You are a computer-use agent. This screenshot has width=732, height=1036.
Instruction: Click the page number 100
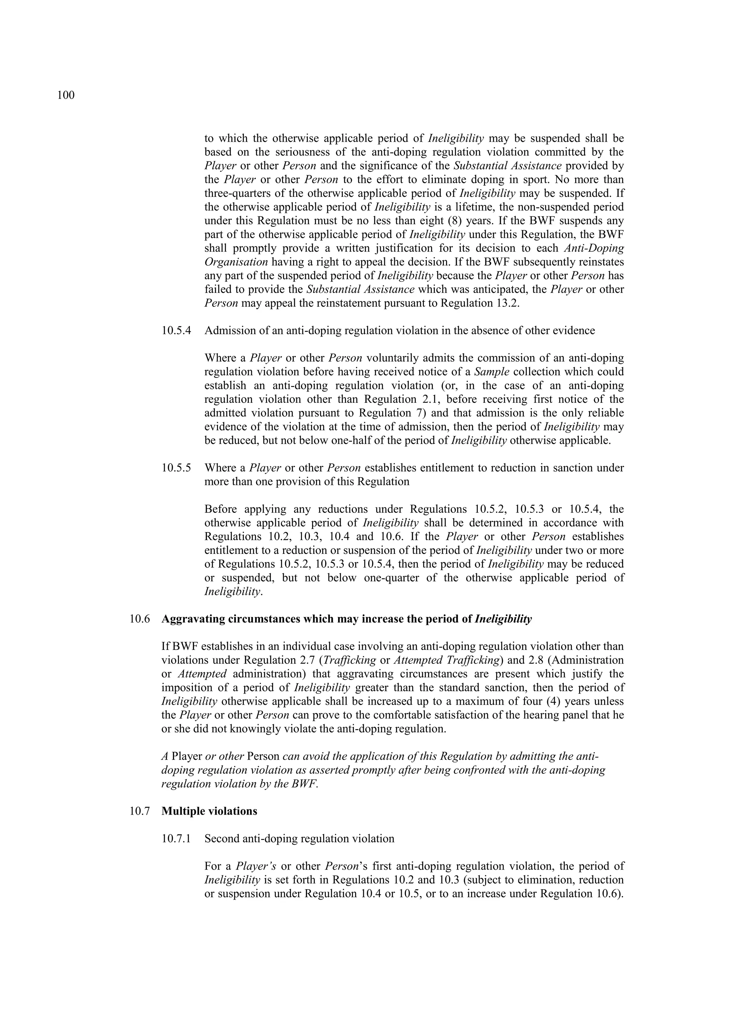[66, 95]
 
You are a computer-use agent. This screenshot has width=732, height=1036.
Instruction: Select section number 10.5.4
[176, 330]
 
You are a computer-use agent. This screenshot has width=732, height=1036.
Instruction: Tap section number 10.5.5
[176, 467]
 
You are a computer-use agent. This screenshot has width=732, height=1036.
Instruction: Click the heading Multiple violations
[209, 811]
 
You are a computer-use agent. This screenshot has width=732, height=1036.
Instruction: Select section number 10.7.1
[176, 839]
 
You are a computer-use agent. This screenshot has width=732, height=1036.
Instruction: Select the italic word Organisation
[236, 262]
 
